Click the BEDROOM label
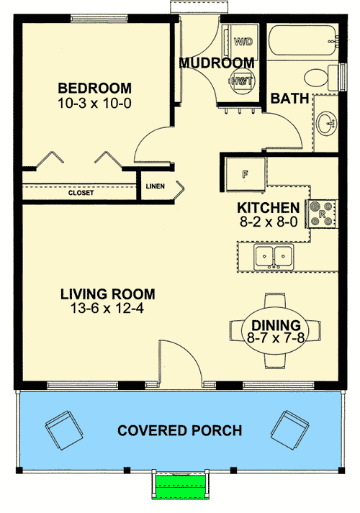tap(94, 88)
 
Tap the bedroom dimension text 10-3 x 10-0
tap(94, 103)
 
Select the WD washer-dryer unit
tap(243, 42)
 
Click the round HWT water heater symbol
tap(243, 81)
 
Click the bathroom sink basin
tap(327, 123)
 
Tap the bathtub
tap(302, 40)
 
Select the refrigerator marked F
tap(245, 175)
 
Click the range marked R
tap(321, 214)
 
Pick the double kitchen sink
tap(274, 257)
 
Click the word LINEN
tap(155, 186)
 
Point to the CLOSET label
tap(81, 193)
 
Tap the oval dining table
tap(275, 331)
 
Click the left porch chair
tap(64, 430)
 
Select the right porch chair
tap(289, 430)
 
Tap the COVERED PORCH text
tap(180, 430)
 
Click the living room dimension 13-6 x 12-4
tap(107, 308)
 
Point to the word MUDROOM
tap(217, 63)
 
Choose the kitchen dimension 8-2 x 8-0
tap(269, 222)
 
